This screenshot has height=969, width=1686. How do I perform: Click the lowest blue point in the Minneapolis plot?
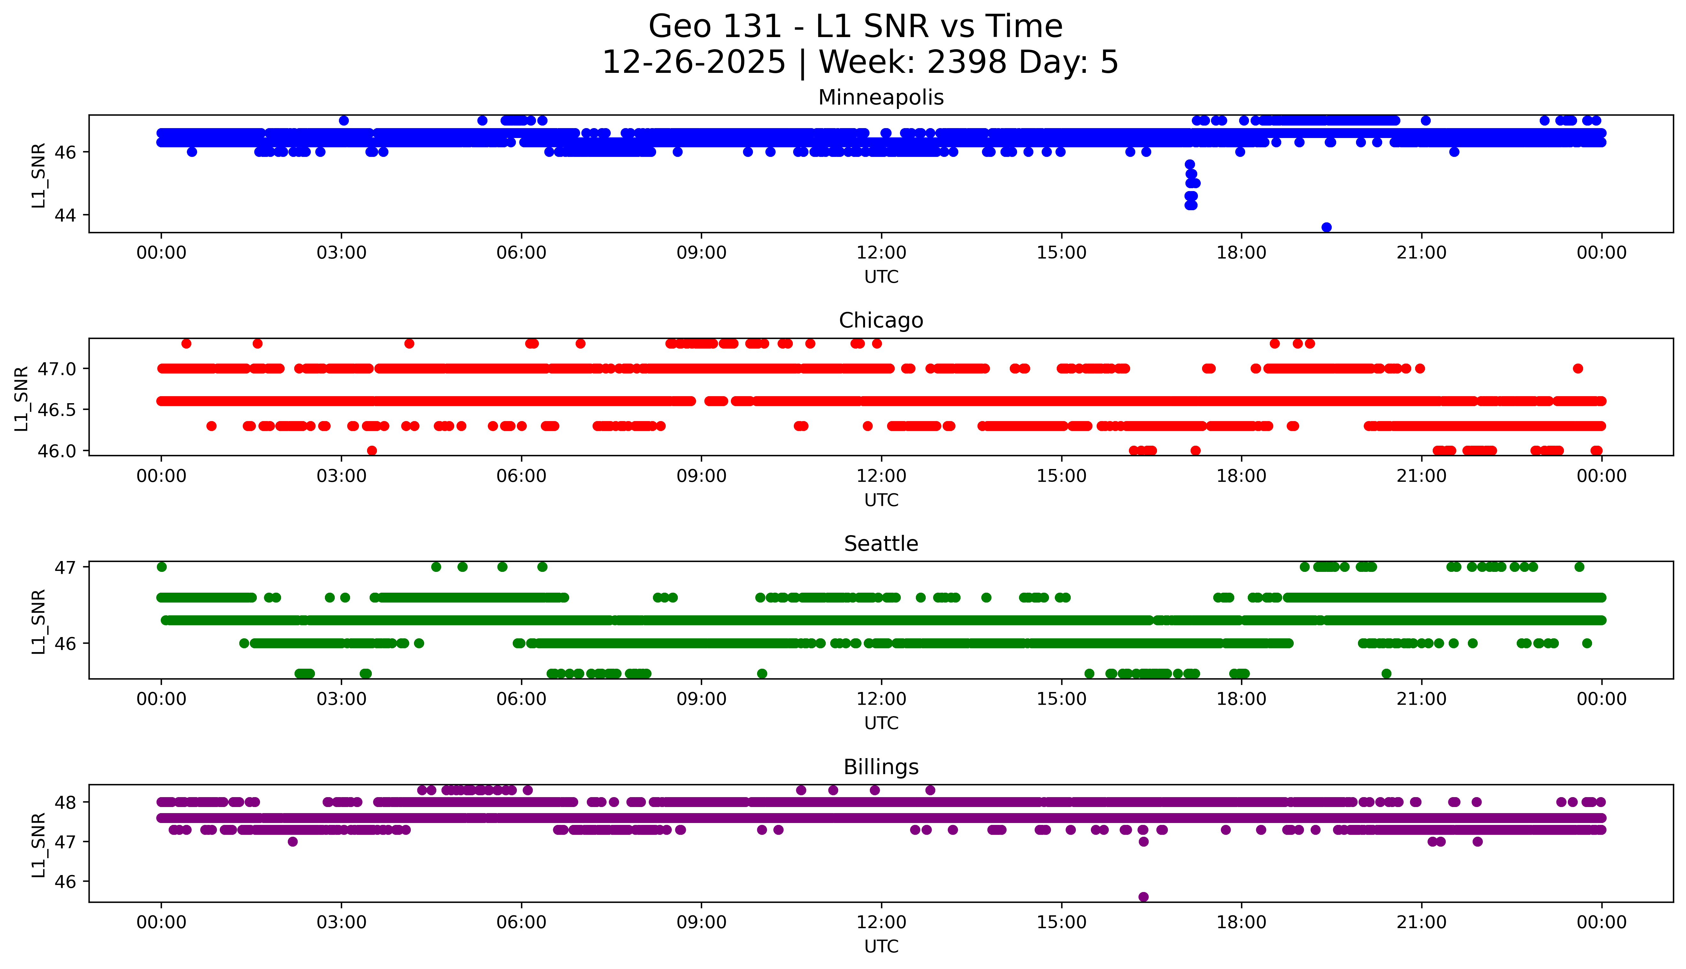click(x=1326, y=227)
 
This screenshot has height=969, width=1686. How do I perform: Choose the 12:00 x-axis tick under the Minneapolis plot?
click(x=881, y=253)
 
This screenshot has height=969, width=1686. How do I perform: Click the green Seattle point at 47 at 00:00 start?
click(x=161, y=567)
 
